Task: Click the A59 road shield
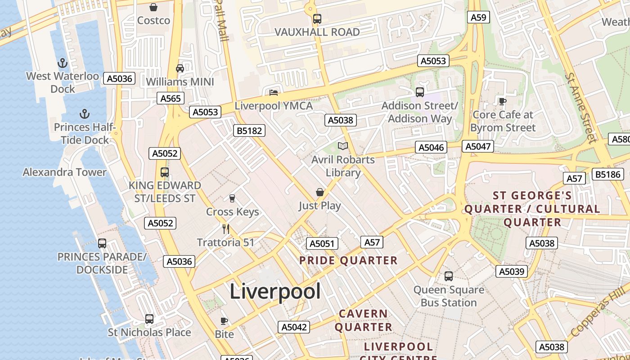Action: [x=478, y=17]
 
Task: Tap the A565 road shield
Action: [x=171, y=99]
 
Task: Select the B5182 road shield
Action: [x=250, y=130]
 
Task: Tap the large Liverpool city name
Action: [x=275, y=292]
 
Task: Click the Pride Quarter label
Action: [x=348, y=261]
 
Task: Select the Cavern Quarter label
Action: [x=363, y=320]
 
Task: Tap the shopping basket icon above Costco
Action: [x=153, y=7]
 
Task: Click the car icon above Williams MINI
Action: [x=180, y=68]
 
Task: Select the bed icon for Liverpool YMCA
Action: [x=274, y=93]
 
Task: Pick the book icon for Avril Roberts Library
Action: [x=343, y=146]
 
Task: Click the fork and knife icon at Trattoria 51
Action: [x=226, y=229]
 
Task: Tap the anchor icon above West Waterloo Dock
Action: [x=63, y=63]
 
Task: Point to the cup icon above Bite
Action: [x=224, y=321]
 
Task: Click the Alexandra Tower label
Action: [x=65, y=172]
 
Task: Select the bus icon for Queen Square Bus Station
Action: [x=449, y=276]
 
